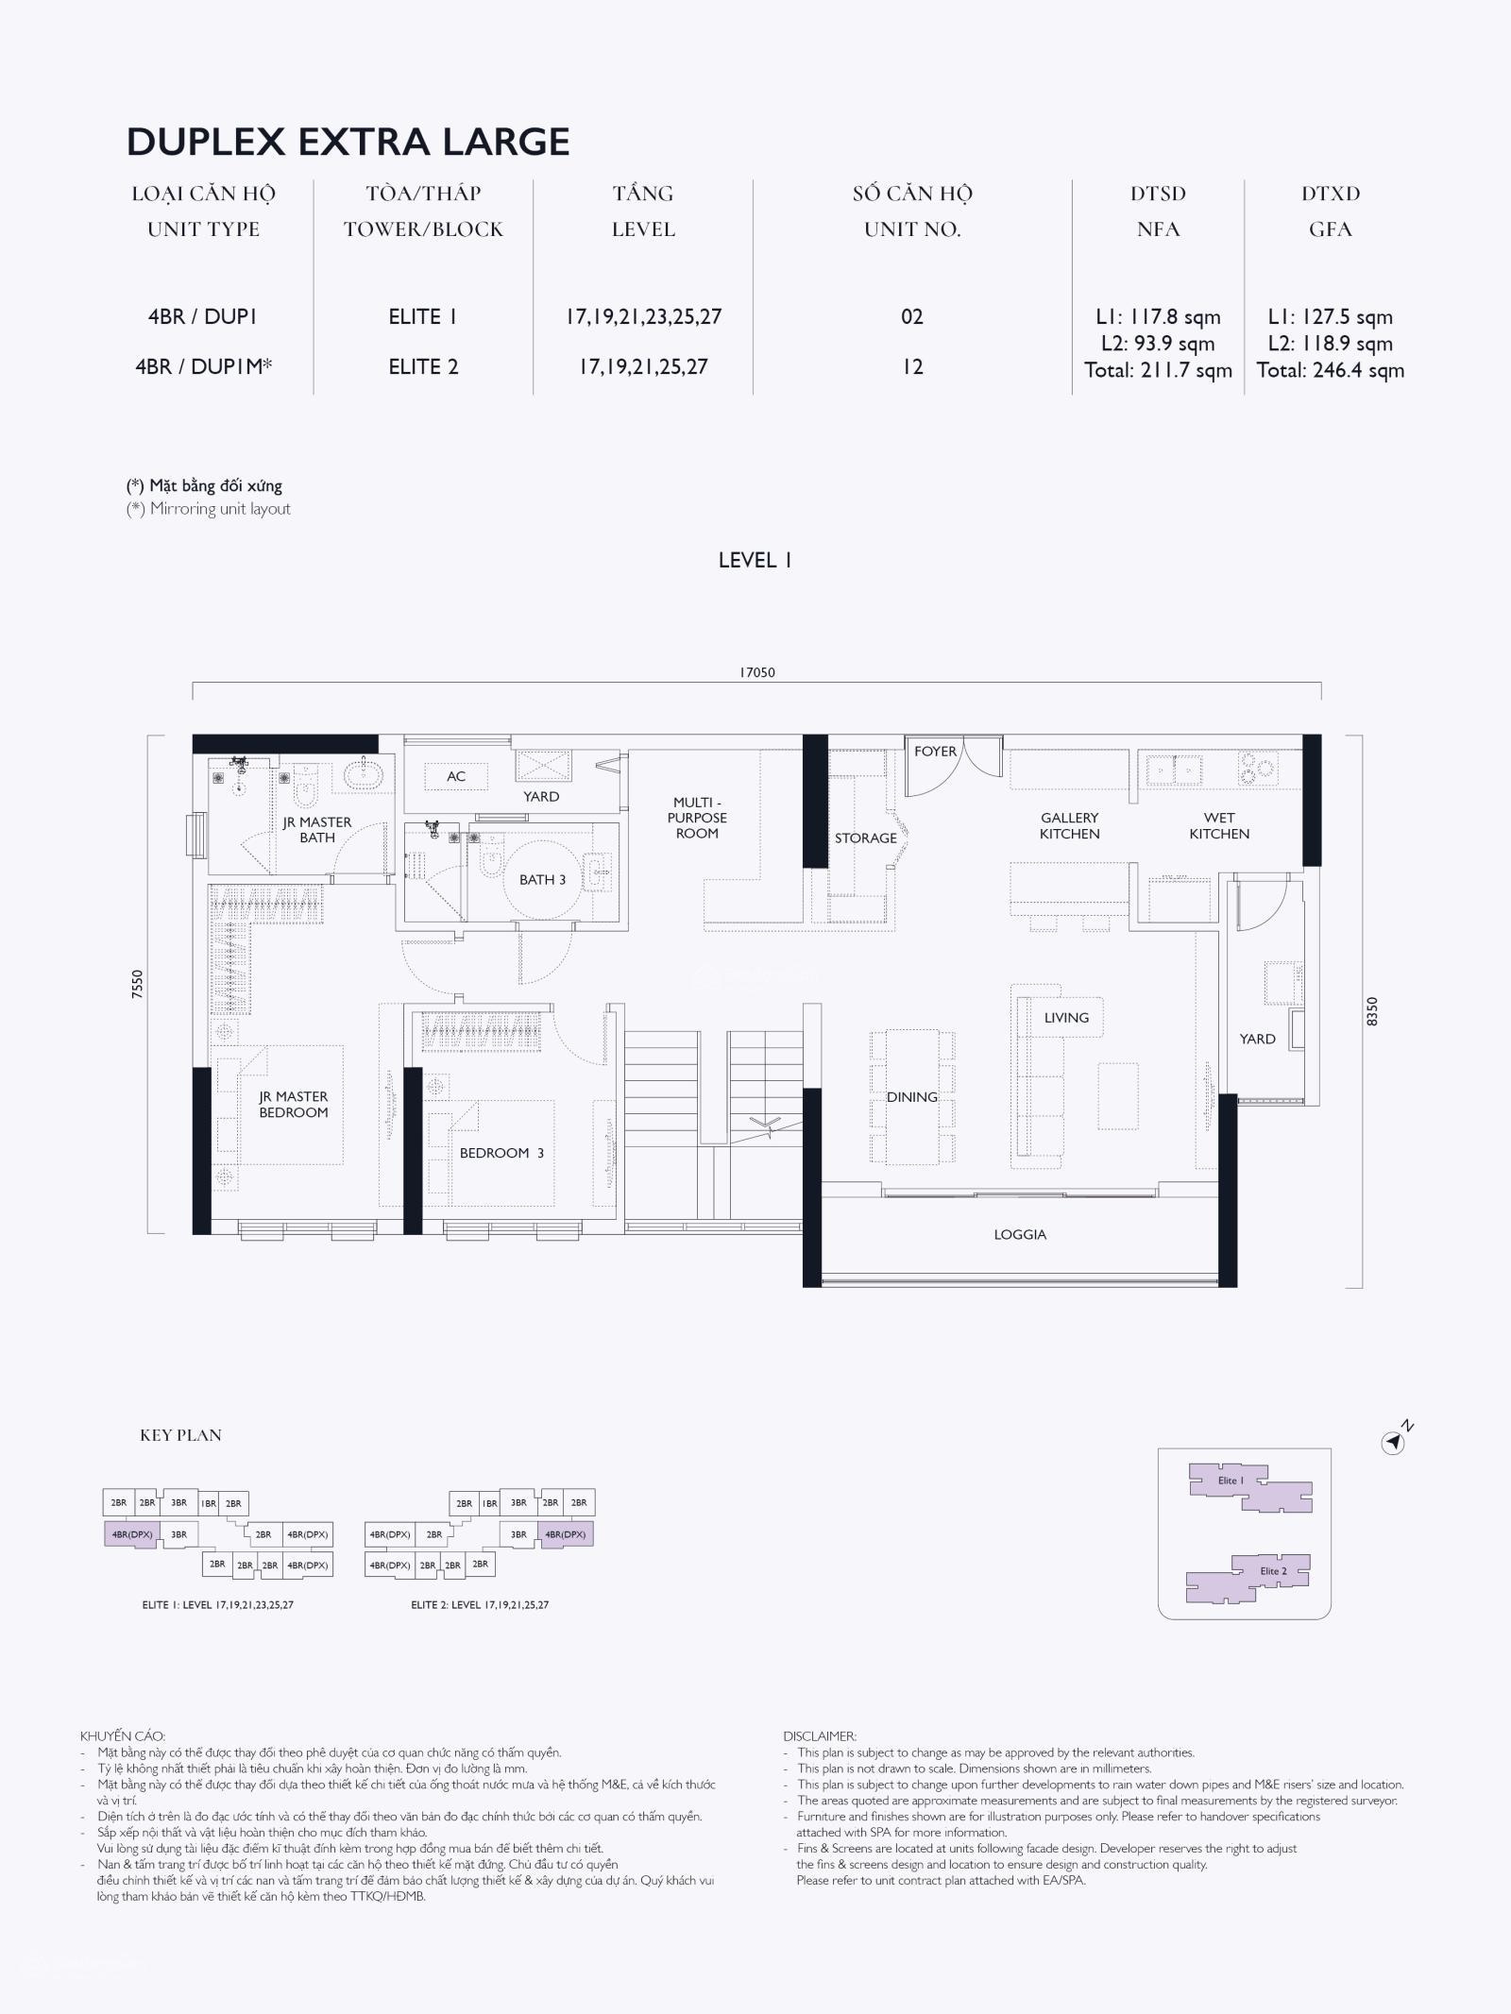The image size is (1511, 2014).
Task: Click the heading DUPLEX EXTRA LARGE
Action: coord(348,142)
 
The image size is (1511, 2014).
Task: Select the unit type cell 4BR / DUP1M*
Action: coord(203,366)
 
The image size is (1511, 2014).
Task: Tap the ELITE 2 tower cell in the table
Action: coord(423,366)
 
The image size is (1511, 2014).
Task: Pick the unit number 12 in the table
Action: coord(911,366)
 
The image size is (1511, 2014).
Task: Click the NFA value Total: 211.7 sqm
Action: coord(1158,370)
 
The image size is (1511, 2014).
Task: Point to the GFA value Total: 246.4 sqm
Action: coord(1330,370)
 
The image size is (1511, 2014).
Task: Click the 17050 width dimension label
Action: coord(756,672)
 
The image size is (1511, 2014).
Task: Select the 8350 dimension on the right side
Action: coord(1372,1011)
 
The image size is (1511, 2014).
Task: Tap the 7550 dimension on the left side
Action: coord(138,985)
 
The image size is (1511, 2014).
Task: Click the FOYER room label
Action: coord(935,752)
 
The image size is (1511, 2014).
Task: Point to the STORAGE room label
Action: coord(865,838)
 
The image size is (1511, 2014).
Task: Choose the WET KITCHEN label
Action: coord(1219,826)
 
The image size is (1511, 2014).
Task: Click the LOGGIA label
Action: coord(1020,1235)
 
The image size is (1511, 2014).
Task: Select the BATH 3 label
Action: coord(542,880)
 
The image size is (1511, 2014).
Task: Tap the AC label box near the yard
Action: coord(456,776)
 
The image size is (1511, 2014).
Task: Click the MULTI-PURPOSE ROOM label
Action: coord(697,818)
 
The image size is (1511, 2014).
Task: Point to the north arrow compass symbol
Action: coord(1395,1442)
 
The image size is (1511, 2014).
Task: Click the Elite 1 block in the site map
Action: coord(1249,1487)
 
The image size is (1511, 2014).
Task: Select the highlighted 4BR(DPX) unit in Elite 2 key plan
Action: coord(566,1534)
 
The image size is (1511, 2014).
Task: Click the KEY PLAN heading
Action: coord(180,1435)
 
